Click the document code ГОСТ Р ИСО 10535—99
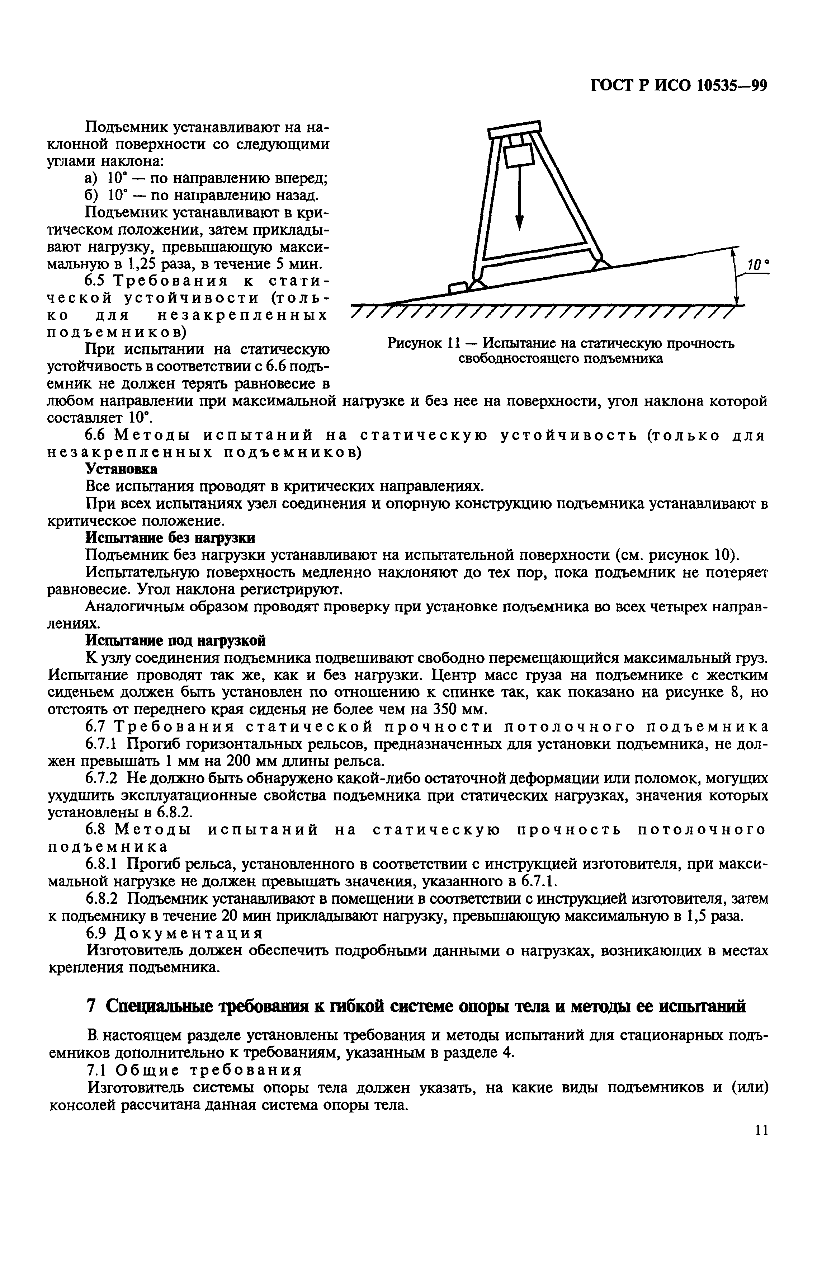click(x=679, y=86)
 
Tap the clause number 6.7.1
click(x=105, y=744)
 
